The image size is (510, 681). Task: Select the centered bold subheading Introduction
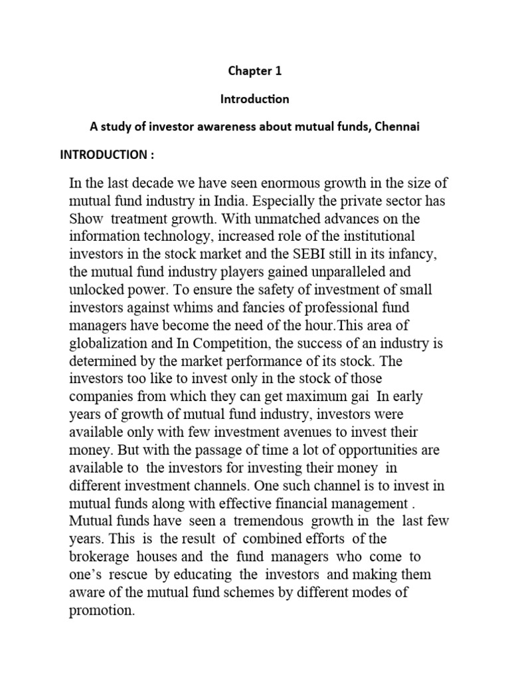click(x=254, y=99)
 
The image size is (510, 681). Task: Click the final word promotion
click(x=102, y=609)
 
